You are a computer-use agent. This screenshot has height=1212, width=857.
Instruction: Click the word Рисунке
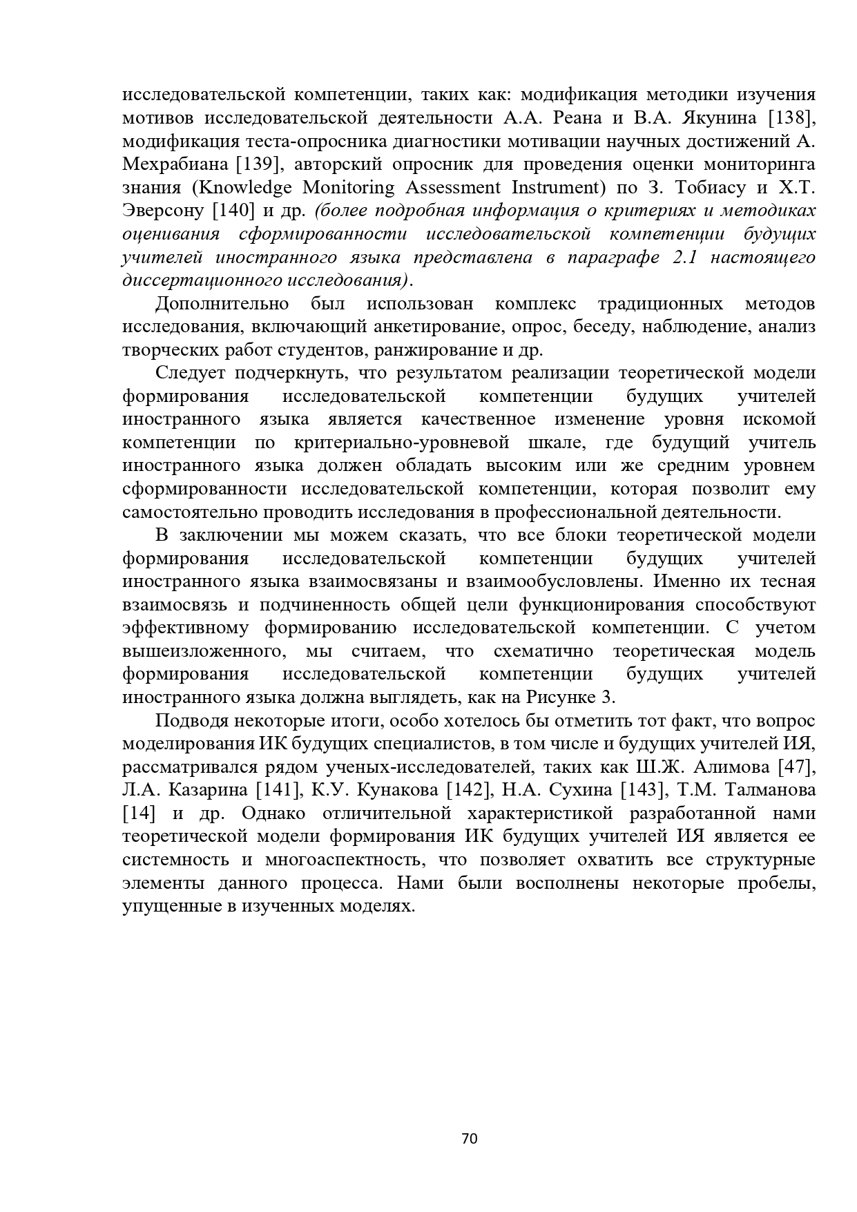(x=559, y=697)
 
